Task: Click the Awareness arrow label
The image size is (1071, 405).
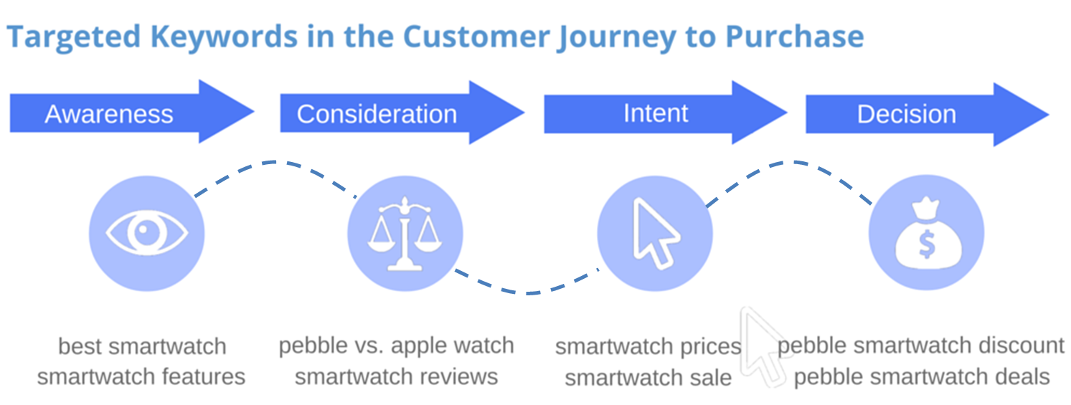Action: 109,114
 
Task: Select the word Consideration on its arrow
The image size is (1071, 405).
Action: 377,114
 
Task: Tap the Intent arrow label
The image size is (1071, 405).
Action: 656,113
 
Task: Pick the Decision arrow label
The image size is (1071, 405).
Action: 907,114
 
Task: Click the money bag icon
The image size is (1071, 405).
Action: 926,234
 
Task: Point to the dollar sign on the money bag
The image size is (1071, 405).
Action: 927,246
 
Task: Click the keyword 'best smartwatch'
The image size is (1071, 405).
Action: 142,346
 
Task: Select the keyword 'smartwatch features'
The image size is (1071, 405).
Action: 141,376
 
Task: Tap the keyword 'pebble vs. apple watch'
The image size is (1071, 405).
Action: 396,346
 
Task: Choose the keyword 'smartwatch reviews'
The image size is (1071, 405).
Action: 396,376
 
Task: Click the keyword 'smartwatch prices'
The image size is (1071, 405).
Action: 648,347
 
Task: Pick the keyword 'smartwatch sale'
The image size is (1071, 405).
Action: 648,377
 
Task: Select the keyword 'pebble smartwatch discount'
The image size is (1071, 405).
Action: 921,346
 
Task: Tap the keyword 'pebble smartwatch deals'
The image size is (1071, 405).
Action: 922,376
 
